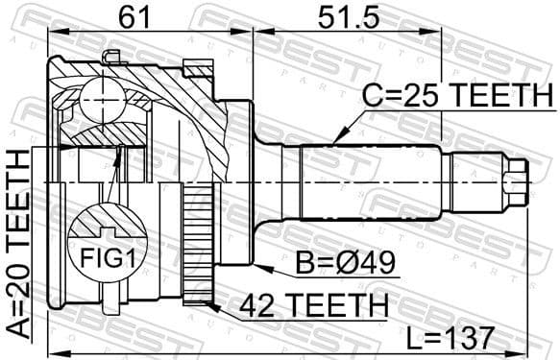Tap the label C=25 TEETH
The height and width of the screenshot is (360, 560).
(457, 96)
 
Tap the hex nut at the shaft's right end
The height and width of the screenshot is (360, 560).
(516, 180)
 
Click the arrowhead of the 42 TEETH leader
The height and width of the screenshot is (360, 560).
(208, 302)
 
